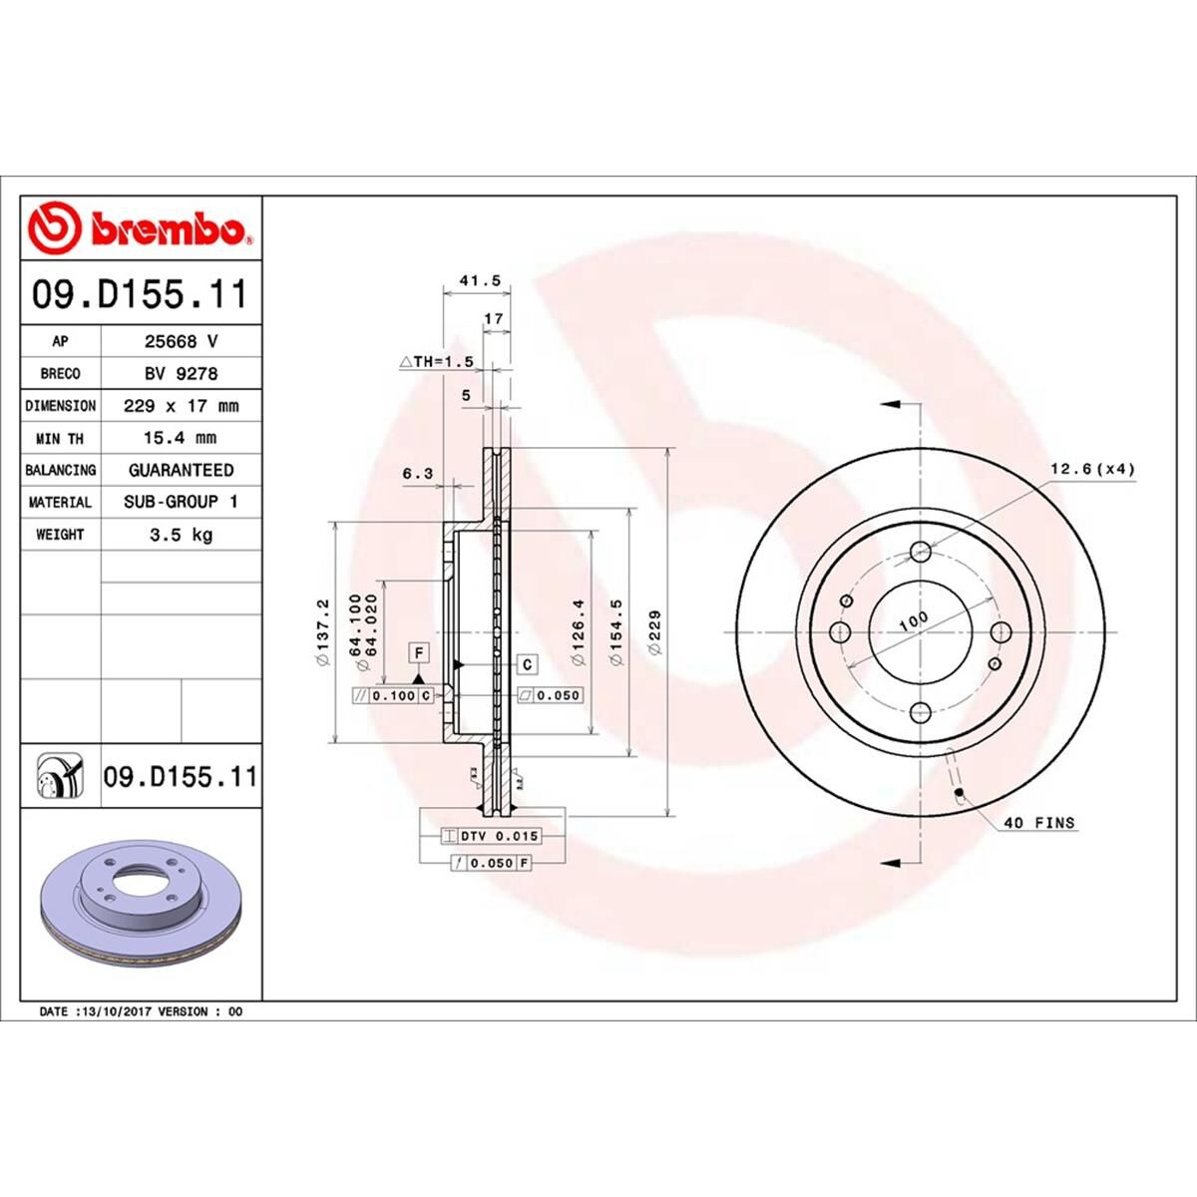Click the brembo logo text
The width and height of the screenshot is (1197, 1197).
[170, 229]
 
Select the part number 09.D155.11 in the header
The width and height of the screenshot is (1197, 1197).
[140, 295]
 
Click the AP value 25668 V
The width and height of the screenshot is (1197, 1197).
[181, 341]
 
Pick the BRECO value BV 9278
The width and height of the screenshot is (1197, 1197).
[181, 373]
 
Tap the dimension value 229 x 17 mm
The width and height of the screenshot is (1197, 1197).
[181, 406]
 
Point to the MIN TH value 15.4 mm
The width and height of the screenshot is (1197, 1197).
[181, 438]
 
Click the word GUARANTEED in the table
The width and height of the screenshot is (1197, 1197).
[181, 470]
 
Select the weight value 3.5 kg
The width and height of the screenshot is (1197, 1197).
[181, 535]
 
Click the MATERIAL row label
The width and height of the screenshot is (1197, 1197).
[60, 503]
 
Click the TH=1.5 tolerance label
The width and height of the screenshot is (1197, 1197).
[435, 361]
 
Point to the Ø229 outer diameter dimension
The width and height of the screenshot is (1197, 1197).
[655, 630]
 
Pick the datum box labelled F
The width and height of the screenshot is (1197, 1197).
[419, 653]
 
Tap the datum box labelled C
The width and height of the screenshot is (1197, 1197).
[527, 664]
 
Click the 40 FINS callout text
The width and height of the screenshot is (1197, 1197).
[1039, 823]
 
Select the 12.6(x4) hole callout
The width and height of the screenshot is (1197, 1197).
[1092, 469]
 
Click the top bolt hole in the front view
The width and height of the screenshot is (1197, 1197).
[920, 552]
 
